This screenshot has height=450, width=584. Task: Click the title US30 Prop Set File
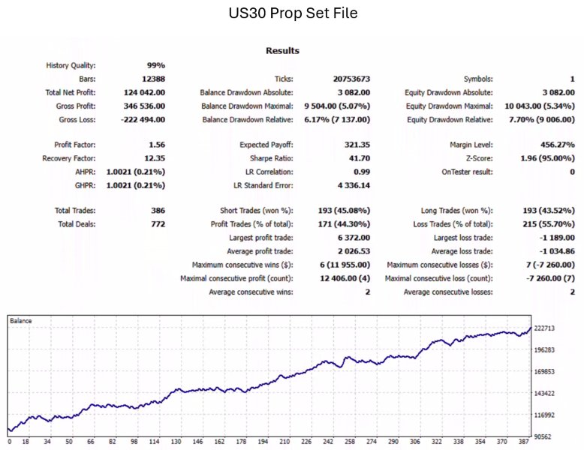pos(292,13)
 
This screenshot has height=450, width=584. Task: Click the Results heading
pos(282,50)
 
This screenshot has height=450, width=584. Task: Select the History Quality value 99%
pos(156,65)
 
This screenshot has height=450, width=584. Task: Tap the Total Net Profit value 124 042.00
pos(143,92)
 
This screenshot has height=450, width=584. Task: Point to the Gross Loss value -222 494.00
pos(141,119)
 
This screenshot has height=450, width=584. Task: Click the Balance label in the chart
pos(21,320)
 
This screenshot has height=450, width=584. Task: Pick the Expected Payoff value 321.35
pos(357,144)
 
